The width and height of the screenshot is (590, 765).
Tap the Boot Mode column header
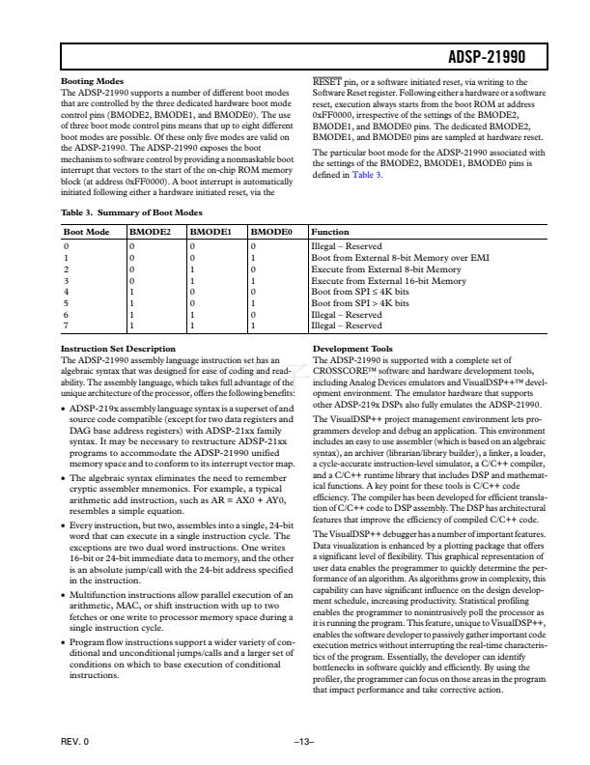click(84, 233)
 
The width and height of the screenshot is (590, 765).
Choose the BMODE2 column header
click(151, 233)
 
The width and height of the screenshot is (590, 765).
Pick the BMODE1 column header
click(210, 233)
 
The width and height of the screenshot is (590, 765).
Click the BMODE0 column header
click(271, 233)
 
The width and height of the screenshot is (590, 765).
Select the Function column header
click(331, 233)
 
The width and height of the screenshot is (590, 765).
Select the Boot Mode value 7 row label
click(65, 326)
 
